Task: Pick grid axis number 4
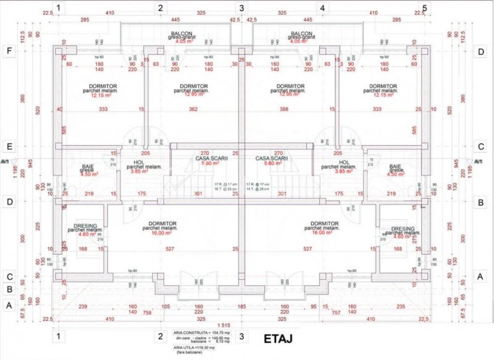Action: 322,8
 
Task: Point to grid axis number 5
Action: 424,8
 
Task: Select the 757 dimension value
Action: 337,313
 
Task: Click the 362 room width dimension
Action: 193,109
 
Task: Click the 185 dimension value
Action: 241,307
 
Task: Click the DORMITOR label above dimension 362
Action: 193,86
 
